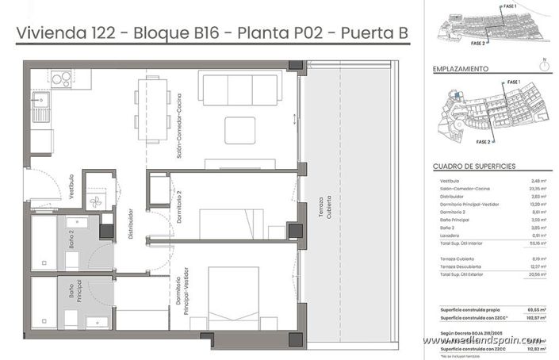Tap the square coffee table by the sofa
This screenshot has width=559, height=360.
tap(239, 129)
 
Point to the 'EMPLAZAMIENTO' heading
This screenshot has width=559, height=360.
tap(460, 69)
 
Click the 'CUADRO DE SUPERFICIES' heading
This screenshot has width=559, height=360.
tap(476, 167)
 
